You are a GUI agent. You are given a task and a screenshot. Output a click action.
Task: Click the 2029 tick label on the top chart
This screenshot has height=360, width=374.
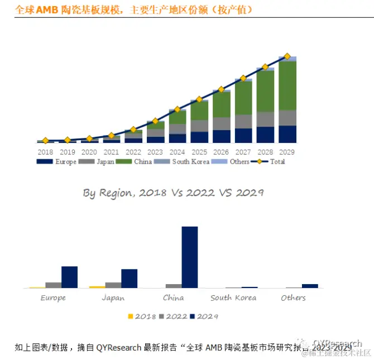pyautogui.click(x=287, y=152)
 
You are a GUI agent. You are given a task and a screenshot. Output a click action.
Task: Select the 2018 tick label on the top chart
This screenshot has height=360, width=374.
pyautogui.click(x=45, y=152)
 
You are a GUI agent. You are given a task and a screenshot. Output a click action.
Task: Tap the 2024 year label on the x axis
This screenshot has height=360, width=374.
pyautogui.click(x=177, y=152)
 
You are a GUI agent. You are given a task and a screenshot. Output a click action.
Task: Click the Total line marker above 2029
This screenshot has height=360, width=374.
pyautogui.click(x=287, y=56)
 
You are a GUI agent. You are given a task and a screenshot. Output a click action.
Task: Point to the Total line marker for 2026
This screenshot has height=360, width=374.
pyautogui.click(x=221, y=89)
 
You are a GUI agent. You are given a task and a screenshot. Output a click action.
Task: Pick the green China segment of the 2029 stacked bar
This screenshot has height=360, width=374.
pyautogui.click(x=287, y=85)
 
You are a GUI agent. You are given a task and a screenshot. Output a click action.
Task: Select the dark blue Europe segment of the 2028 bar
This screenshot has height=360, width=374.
pyautogui.click(x=265, y=135)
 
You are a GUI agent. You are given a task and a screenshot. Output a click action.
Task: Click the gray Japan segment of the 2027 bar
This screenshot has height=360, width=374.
pyautogui.click(x=243, y=121)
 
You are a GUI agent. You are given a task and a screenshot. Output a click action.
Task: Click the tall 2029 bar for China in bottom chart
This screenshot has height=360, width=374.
pyautogui.click(x=190, y=257)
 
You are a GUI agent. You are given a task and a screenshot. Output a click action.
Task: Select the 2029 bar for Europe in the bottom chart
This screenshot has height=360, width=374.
pyautogui.click(x=69, y=277)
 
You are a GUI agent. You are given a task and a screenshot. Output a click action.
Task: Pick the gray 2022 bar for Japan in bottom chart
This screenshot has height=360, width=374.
pyautogui.click(x=113, y=285)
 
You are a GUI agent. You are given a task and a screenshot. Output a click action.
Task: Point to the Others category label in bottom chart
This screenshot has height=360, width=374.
pyautogui.click(x=293, y=298)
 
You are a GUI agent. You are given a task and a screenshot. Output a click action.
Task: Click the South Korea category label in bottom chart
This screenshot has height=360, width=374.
pyautogui.click(x=233, y=298)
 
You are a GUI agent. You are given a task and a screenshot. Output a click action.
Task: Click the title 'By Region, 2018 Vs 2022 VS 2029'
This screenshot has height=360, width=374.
pyautogui.click(x=173, y=193)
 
